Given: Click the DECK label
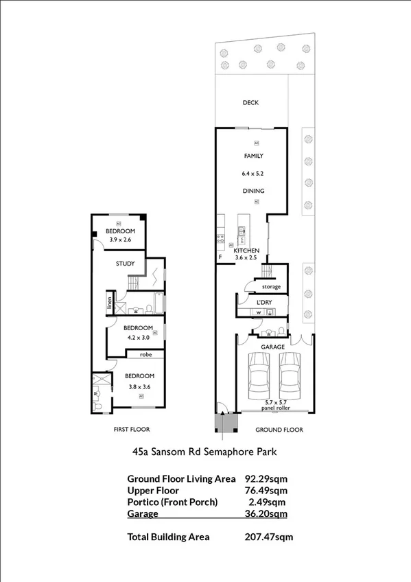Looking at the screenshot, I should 250,103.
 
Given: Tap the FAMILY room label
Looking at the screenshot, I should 253,156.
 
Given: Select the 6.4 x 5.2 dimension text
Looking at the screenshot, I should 253,174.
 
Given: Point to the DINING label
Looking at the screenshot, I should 253,191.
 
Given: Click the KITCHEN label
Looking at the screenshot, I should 246,251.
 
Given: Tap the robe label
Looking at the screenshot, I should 145,355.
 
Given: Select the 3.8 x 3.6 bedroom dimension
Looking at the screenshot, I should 139,387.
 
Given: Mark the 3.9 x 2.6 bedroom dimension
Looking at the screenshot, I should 118,240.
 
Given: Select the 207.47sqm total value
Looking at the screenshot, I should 269,537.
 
